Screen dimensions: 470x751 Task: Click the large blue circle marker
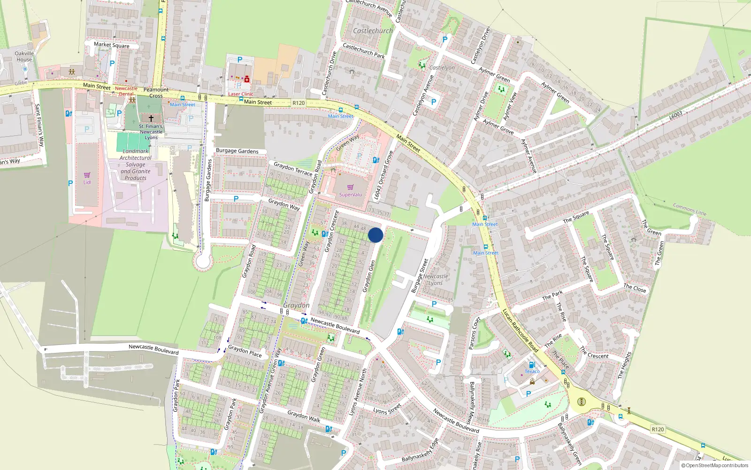(x=375, y=235)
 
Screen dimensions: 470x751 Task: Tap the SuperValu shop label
(x=350, y=195)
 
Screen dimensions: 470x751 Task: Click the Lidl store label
(x=87, y=182)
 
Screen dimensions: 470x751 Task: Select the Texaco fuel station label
(x=532, y=371)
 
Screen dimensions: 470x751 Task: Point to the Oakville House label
(x=24, y=56)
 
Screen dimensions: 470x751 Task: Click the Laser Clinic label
(x=240, y=94)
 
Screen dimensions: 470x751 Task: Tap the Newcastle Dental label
(x=126, y=91)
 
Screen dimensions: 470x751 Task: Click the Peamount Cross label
(x=156, y=93)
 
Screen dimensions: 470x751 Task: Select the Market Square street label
(x=111, y=45)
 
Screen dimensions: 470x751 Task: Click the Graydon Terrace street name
(x=292, y=168)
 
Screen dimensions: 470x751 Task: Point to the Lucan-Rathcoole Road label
(x=520, y=330)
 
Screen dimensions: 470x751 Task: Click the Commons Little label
(x=689, y=209)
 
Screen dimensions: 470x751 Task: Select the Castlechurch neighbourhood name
(x=373, y=31)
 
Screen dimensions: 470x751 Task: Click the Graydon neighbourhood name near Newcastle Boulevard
(x=296, y=305)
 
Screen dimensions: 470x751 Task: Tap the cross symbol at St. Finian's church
(x=151, y=118)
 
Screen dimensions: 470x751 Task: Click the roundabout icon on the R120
(x=582, y=401)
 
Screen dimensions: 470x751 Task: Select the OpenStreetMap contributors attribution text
(x=714, y=466)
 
